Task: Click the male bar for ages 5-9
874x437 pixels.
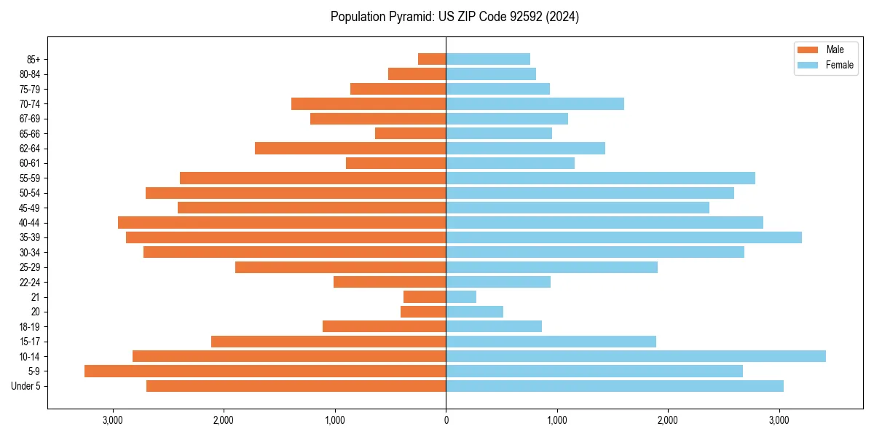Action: coord(265,371)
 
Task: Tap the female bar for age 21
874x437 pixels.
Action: coord(461,296)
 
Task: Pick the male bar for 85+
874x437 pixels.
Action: coord(432,59)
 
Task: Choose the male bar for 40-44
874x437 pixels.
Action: coord(282,222)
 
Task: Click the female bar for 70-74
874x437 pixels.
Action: coord(535,103)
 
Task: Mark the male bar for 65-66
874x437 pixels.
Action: coord(410,133)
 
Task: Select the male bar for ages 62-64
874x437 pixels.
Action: coord(350,148)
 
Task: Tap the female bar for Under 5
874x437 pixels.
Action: coord(615,386)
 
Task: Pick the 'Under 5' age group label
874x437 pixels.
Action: coord(26,386)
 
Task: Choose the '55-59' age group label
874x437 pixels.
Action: coord(30,178)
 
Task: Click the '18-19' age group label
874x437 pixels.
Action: coord(30,326)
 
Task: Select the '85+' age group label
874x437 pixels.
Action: coord(33,59)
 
